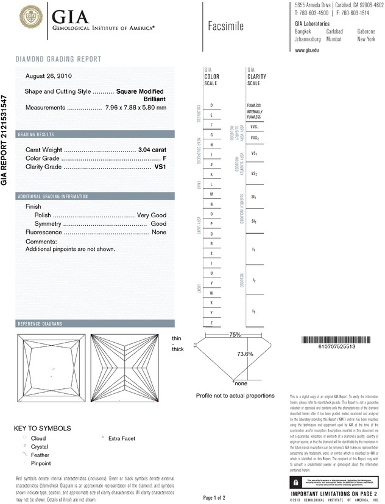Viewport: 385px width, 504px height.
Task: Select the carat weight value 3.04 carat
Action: click(152, 149)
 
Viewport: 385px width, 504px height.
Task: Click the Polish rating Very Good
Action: click(152, 215)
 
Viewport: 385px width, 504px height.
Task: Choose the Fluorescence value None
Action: click(159, 233)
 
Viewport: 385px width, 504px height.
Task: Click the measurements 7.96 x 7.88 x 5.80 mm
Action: click(136, 108)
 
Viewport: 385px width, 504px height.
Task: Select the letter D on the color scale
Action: click(211, 105)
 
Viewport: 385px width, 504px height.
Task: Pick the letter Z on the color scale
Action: click(211, 322)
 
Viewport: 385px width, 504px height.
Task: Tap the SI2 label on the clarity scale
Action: click(253, 222)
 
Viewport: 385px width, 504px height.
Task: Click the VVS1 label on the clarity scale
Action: click(254, 127)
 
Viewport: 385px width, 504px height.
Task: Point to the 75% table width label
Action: click(235, 335)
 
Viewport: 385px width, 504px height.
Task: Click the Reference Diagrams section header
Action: click(42, 323)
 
